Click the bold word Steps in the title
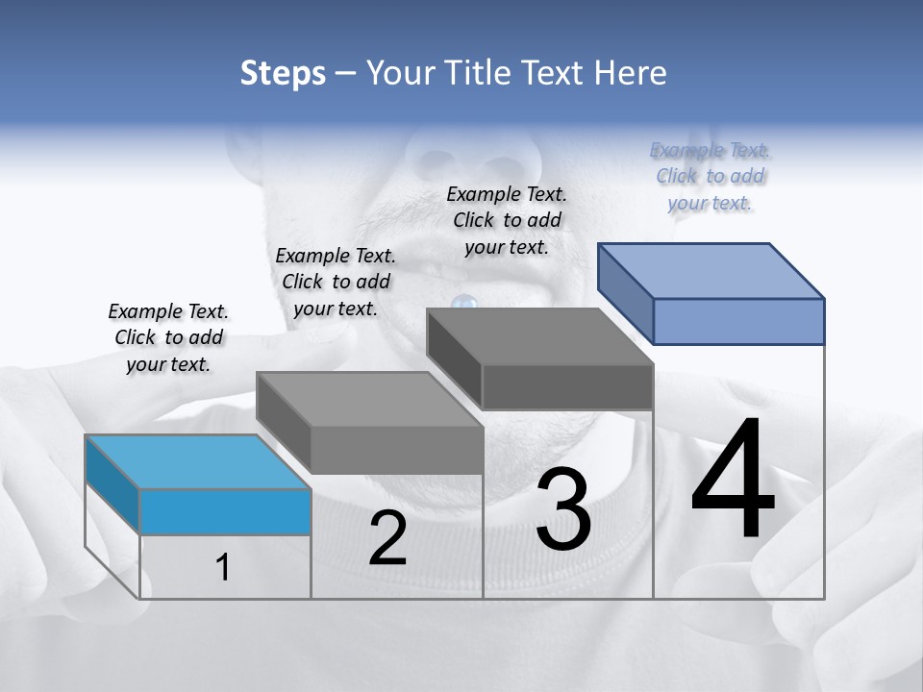283,73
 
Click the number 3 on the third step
562,509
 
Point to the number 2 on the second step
387,538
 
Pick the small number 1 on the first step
223,568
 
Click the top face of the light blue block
197,461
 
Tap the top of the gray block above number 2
369,399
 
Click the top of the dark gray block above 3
539,336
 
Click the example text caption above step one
168,337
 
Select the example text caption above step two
336,282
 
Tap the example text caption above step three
507,220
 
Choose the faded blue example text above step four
710,176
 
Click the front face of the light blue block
225,511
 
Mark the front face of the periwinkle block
738,321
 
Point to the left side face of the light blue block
112,483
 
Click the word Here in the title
631,73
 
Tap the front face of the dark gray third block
567,386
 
